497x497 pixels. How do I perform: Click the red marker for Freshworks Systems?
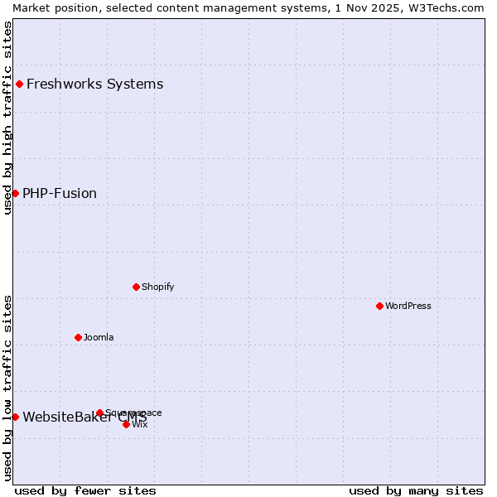tap(19, 84)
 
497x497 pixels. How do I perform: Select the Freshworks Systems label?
tap(94, 84)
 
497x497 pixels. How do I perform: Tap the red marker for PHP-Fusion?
tap(15, 193)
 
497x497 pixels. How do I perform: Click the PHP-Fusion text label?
tap(60, 193)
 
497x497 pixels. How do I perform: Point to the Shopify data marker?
tap(136, 287)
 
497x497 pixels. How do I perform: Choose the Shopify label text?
tap(157, 287)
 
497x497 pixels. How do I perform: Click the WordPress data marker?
tap(379, 306)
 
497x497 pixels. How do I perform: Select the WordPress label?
tap(408, 306)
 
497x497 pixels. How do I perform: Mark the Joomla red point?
tap(78, 337)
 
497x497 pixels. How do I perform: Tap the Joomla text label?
tap(99, 337)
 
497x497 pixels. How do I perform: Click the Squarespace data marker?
tap(99, 413)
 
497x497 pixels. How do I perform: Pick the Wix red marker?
tap(126, 424)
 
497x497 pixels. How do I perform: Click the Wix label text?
tap(140, 424)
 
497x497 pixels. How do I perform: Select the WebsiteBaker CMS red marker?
tap(15, 417)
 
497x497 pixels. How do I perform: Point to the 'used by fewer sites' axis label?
tap(85, 490)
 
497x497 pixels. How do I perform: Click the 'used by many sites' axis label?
tap(416, 490)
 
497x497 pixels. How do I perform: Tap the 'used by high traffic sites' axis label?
tap(7, 118)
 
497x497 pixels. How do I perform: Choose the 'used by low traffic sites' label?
tap(7, 388)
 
